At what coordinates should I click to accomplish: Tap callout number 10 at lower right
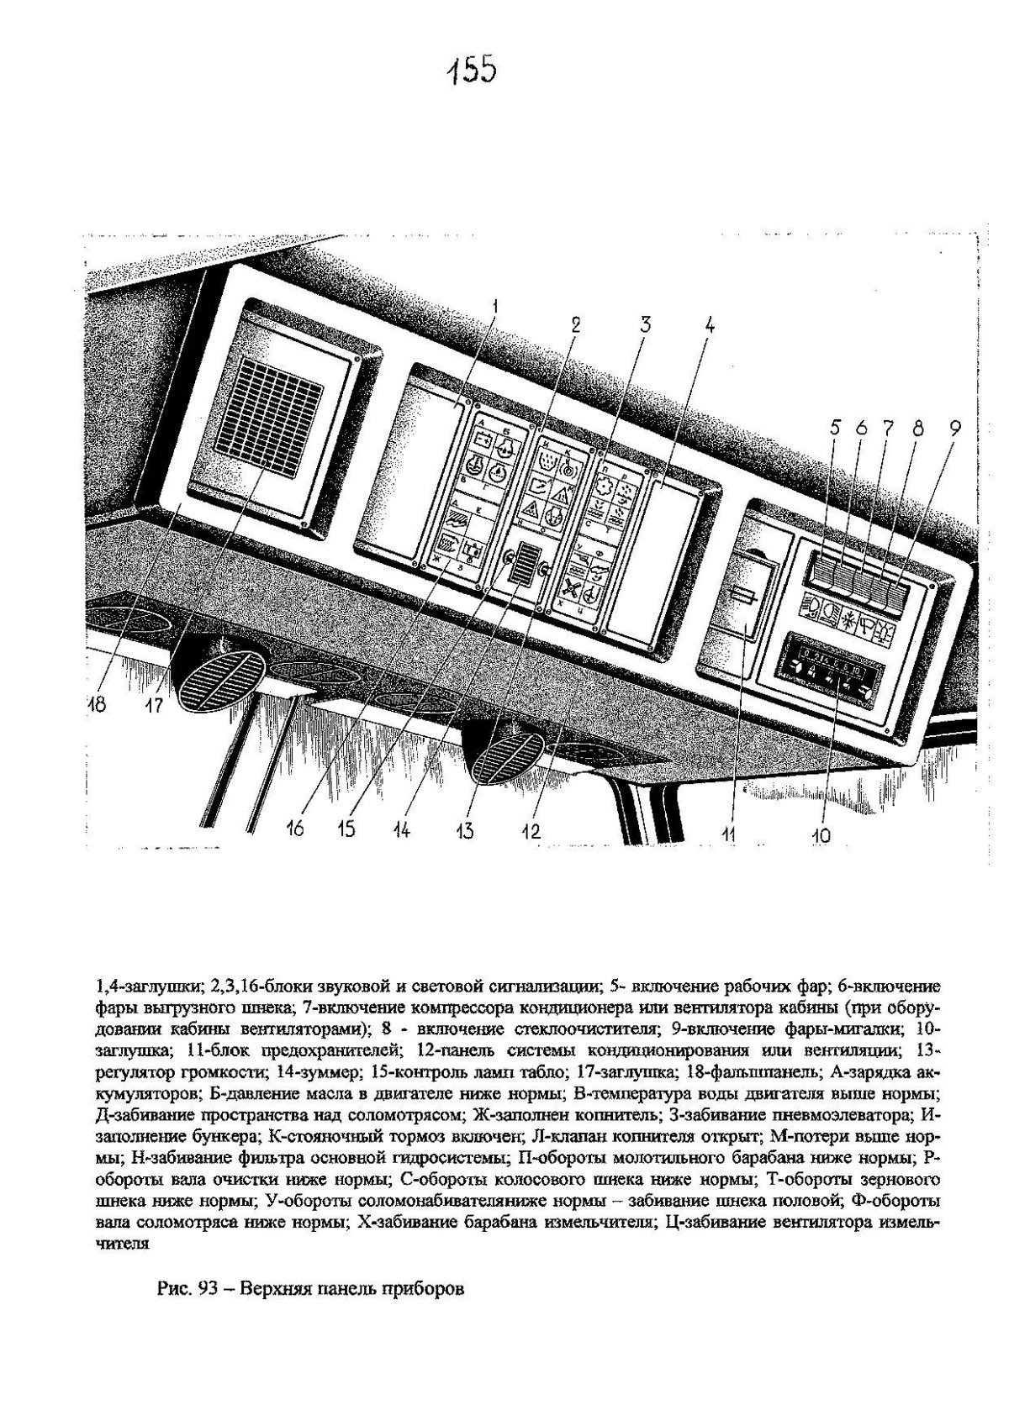click(x=821, y=834)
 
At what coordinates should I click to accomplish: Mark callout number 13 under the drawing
click(x=464, y=830)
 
